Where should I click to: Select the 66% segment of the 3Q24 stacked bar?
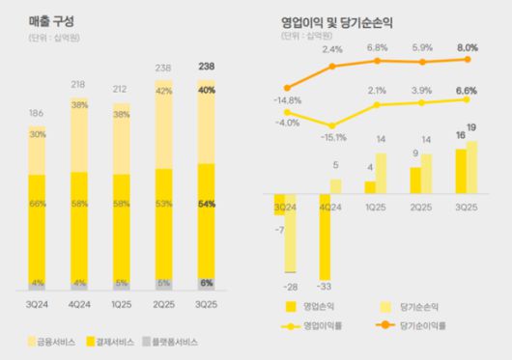point(37,204)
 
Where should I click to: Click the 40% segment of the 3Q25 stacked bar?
point(205,90)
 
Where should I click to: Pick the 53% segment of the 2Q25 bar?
point(163,204)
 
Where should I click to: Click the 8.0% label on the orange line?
point(468,45)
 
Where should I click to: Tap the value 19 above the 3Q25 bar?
point(472,128)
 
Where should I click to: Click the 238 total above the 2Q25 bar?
point(163,69)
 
